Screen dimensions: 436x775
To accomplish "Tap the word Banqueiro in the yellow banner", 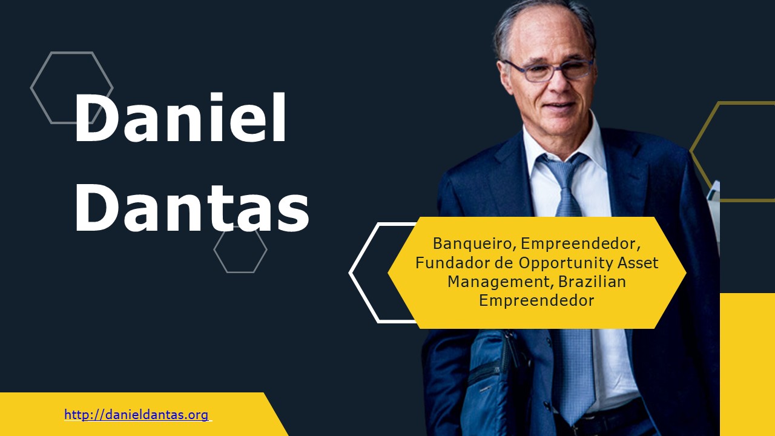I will pyautogui.click(x=473, y=244).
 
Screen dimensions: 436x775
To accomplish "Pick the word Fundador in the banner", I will pyautogui.click(x=448, y=263).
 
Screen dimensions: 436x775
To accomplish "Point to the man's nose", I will pyautogui.click(x=557, y=85).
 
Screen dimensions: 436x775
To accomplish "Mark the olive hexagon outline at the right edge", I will pyautogui.click(x=702, y=151).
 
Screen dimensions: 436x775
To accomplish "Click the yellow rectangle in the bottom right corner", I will pyautogui.click(x=747, y=363).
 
